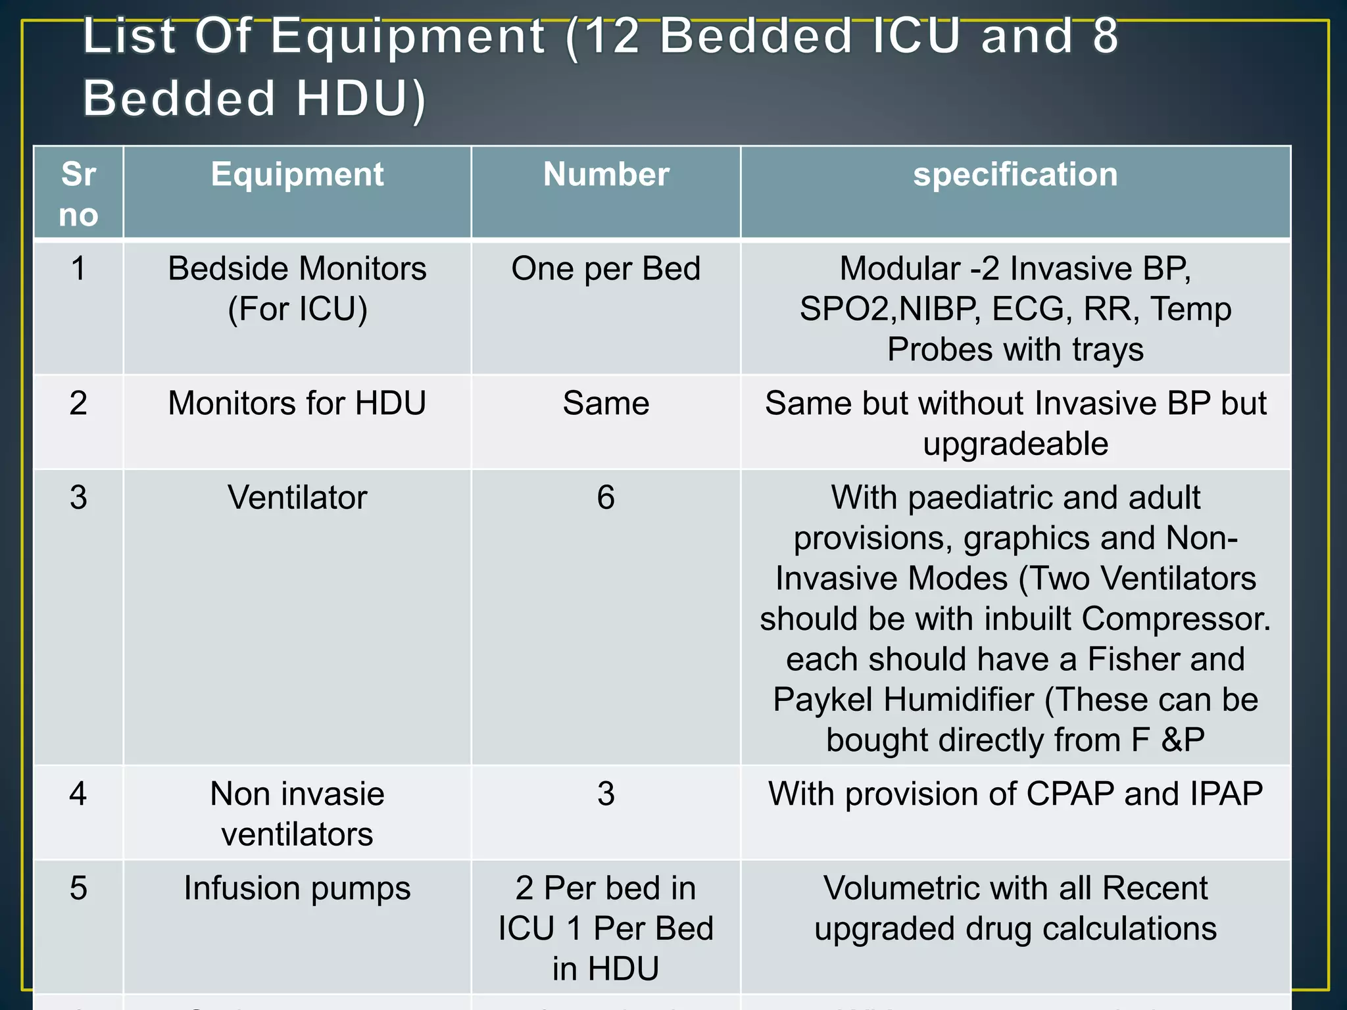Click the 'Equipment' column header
pos(297,175)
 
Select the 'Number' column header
pos(606,175)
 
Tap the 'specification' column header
pos(1015,175)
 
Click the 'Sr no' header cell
pos(78,194)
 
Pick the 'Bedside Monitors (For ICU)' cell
pos(297,289)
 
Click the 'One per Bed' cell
pos(606,269)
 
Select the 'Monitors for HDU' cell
pos(297,403)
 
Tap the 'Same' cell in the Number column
pos(606,403)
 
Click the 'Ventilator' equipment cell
pos(297,498)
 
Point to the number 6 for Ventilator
pos(606,498)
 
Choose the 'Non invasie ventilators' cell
pos(297,814)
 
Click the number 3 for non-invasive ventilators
pos(606,794)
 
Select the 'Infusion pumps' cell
pos(297,888)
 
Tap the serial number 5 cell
pos(78,888)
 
